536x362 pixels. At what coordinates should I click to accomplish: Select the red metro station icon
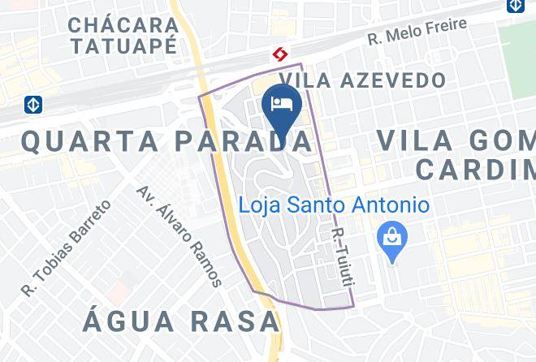[281, 54]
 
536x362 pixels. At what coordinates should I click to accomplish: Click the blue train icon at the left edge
[32, 105]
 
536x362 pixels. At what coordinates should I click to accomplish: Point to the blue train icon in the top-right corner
[516, 6]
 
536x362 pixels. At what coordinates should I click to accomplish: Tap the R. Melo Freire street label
[418, 32]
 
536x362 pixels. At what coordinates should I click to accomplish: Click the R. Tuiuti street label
[344, 257]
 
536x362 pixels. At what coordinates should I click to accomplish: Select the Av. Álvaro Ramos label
[179, 235]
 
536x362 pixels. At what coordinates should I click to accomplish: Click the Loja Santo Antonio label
[334, 204]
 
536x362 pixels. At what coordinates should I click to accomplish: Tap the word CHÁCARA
[123, 24]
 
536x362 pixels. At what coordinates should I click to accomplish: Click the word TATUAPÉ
[123, 45]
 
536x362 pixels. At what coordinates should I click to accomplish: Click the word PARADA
[242, 141]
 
